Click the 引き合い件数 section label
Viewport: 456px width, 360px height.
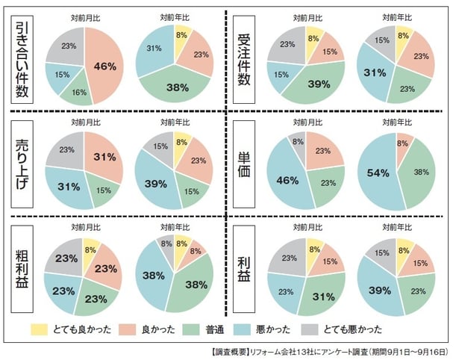click(25, 59)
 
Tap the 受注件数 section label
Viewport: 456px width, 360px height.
click(245, 59)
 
